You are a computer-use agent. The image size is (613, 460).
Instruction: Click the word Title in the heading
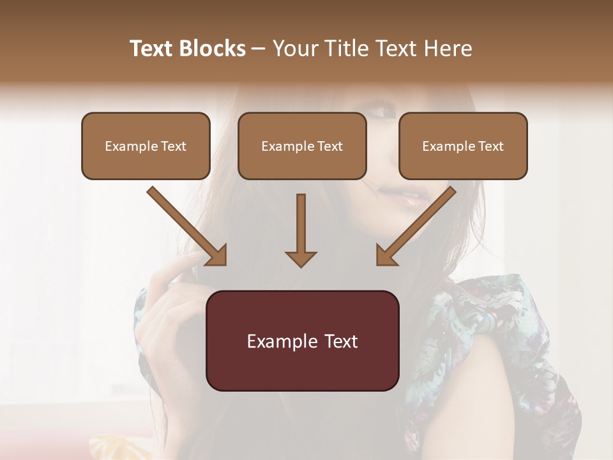(x=344, y=49)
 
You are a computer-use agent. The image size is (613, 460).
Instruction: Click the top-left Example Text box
(x=146, y=146)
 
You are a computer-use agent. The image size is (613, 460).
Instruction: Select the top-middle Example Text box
(x=302, y=146)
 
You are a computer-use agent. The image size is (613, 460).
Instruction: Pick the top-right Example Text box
(x=463, y=146)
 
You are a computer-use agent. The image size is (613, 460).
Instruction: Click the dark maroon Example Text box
(x=302, y=341)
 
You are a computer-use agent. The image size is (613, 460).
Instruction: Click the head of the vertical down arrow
(x=301, y=258)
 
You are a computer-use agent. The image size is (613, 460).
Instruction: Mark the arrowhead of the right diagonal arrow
(x=386, y=256)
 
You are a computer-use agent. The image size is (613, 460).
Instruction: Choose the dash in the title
(x=259, y=49)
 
